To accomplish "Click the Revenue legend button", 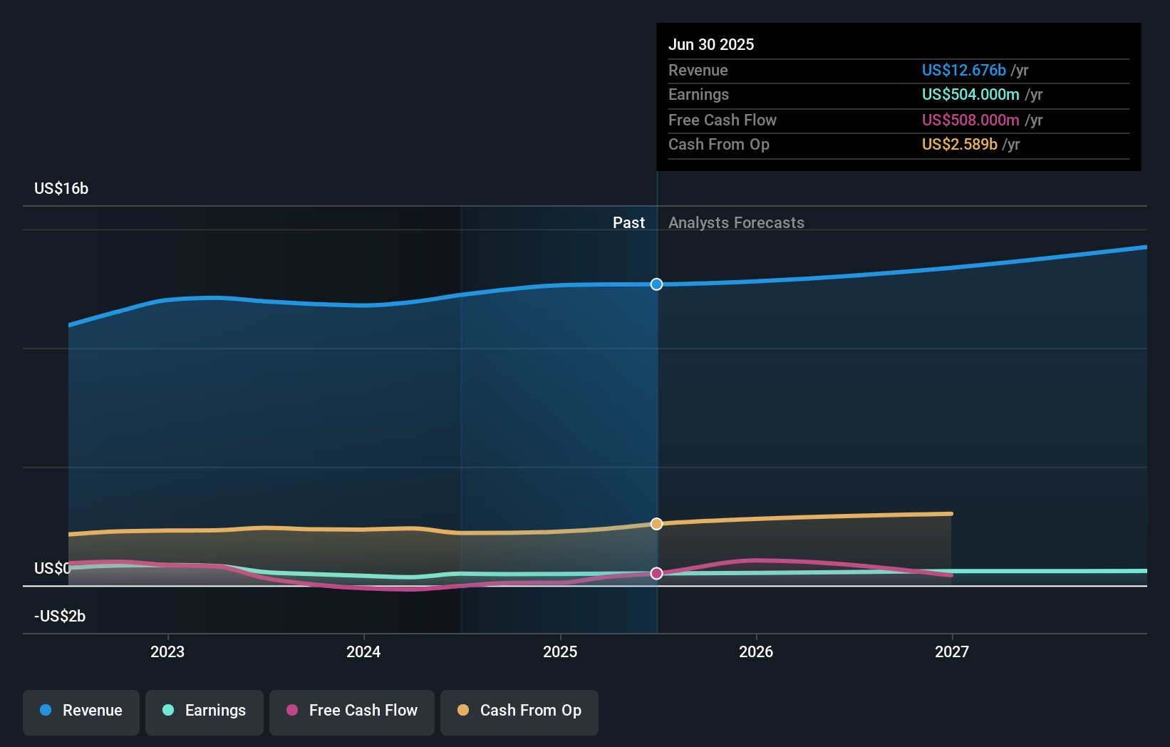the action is pos(81,711).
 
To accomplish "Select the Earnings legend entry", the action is pos(205,711).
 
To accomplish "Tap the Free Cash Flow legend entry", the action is pos(352,711).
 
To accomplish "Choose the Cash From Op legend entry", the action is pos(519,711).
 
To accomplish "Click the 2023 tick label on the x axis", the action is pos(167,651).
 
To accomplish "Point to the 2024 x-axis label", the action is pos(363,651).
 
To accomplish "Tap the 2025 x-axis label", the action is pos(560,651).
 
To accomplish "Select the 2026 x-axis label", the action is pos(756,651).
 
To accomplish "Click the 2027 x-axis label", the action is pos(952,651).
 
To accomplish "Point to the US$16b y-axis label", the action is pos(61,189).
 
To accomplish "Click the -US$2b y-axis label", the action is pos(60,617).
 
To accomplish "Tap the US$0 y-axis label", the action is pos(52,569).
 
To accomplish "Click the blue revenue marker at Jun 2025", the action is pos(657,284).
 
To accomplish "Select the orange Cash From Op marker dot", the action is pos(657,524).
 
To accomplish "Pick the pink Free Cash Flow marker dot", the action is pos(657,573).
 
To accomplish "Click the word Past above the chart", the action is pos(628,223).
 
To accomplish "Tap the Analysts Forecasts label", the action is pos(736,223).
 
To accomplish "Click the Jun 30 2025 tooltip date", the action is pos(711,45).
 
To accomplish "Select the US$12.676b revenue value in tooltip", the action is pos(963,71).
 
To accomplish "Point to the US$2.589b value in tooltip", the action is pos(959,145).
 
